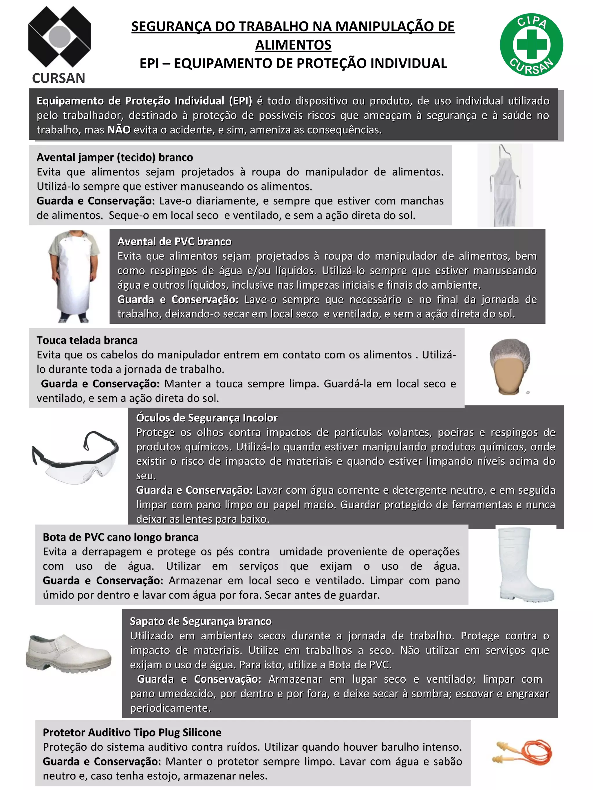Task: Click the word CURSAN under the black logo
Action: tap(58, 78)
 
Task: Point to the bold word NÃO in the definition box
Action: tap(119, 130)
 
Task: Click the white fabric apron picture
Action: tap(505, 186)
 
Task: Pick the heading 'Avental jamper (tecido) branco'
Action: tap(115, 157)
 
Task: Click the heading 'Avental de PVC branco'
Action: tap(174, 242)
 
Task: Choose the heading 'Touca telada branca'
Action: tap(87, 340)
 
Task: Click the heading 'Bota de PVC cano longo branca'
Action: tap(120, 537)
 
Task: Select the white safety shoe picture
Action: tap(68, 653)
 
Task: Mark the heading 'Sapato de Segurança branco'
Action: tap(201, 621)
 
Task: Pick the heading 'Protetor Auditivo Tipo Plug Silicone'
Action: tap(132, 732)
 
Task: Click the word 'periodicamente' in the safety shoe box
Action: tap(170, 708)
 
